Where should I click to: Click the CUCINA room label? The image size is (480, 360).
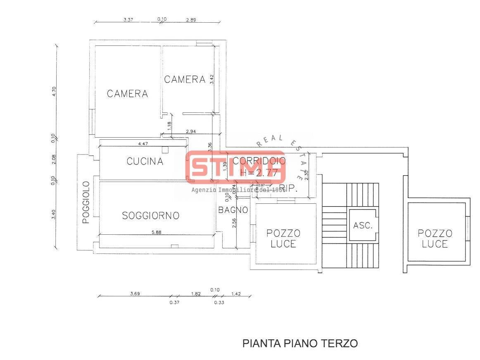point(145,161)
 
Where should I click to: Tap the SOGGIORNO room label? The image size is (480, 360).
point(151,215)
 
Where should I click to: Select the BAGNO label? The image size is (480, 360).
point(233,210)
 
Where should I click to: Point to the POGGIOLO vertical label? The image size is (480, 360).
point(86,202)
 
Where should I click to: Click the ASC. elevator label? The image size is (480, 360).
point(363,225)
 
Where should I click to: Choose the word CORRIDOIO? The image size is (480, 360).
point(259,161)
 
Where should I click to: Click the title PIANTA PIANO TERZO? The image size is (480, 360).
point(299,343)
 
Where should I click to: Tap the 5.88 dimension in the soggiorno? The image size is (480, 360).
point(157,232)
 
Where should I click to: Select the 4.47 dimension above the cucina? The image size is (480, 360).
point(143,144)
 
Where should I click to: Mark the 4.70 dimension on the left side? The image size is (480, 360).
point(54,91)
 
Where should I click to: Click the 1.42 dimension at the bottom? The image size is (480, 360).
point(235,294)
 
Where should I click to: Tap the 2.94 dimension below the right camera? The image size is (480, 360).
point(191,131)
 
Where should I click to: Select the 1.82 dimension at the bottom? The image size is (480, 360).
point(196,294)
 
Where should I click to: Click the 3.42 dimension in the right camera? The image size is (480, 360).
point(211,79)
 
